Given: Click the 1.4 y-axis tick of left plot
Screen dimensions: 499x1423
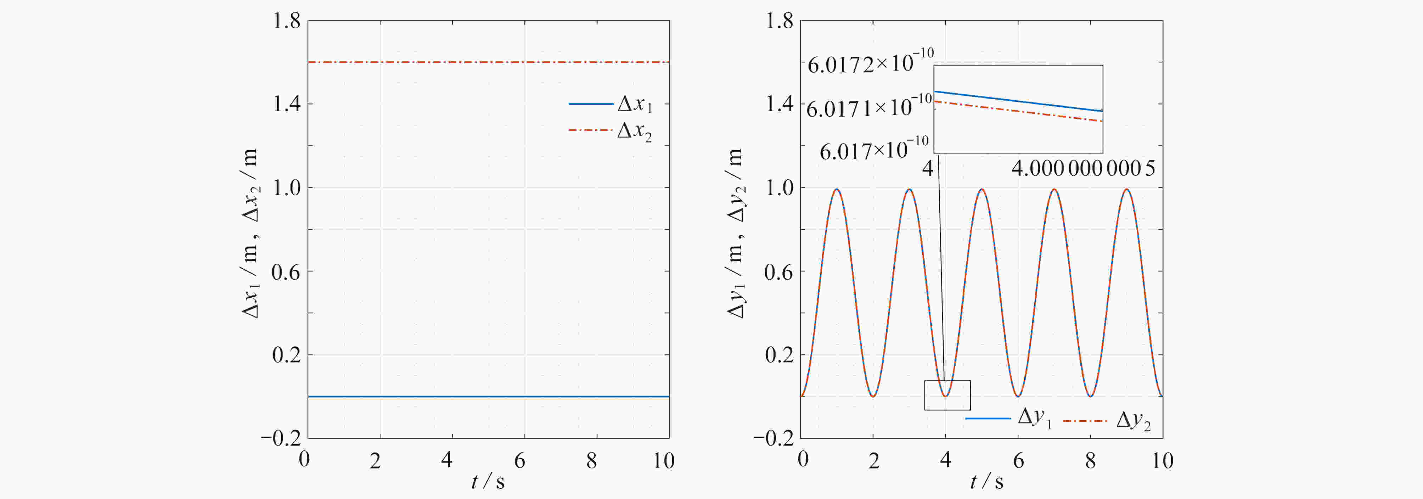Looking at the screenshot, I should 286,104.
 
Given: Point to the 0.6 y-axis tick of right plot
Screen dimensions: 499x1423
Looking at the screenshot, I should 779,272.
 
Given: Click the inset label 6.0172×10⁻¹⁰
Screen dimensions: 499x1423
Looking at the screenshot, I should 870,62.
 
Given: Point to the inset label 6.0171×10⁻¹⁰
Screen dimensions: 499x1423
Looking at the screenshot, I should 869,107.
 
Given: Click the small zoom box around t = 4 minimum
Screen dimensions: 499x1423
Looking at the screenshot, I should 947,395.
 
